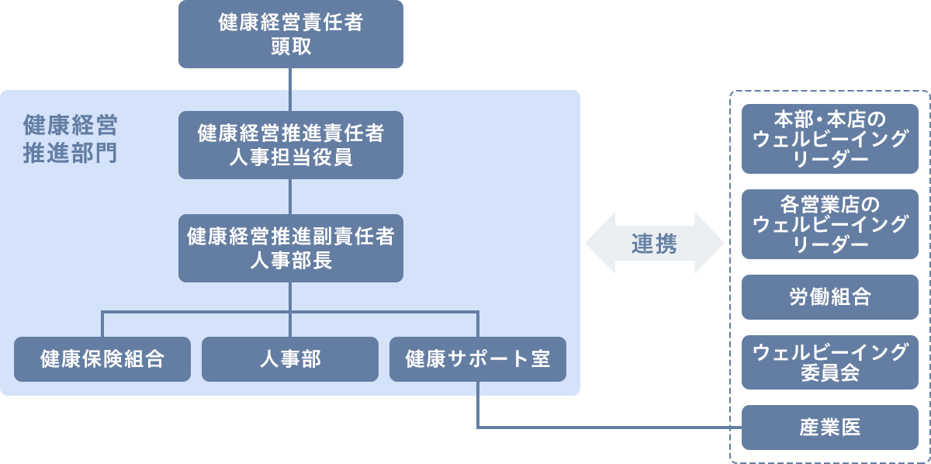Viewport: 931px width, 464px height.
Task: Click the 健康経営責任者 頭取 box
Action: pos(291,34)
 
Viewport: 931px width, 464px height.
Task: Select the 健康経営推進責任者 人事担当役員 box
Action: pos(291,145)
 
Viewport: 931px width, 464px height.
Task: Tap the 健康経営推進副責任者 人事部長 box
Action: pos(291,248)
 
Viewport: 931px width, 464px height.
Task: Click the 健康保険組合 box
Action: pos(102,359)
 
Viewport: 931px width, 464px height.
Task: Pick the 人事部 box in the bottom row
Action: pos(290,359)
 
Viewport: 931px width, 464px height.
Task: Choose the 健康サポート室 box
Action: pos(478,359)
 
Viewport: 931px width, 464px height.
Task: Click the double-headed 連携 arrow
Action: pos(654,243)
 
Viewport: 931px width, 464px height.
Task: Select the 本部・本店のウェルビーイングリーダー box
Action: pos(830,139)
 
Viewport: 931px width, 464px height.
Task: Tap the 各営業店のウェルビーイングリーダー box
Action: pos(830,224)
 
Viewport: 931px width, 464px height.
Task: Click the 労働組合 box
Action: pos(830,297)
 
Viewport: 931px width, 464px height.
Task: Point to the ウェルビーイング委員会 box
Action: pos(830,362)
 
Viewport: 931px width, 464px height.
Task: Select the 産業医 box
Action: pos(830,428)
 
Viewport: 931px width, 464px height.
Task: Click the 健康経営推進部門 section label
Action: pos(70,139)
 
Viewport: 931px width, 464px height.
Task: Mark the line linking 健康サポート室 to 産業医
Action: pos(605,428)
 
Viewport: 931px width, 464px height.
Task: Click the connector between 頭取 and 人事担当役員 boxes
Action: pos(290,89)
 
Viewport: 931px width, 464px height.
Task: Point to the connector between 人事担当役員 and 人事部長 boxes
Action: pos(290,196)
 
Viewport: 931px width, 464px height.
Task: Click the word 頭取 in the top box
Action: pos(291,47)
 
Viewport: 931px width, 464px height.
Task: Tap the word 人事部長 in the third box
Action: pos(291,260)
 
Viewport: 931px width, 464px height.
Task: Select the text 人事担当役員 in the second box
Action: pos(291,158)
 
